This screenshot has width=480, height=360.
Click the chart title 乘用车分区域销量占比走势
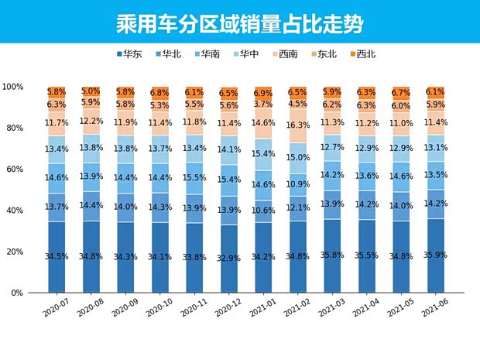click(239, 22)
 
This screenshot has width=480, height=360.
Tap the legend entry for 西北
click(362, 54)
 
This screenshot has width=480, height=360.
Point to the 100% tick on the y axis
click(13, 87)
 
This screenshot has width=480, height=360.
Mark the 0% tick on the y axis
click(17, 293)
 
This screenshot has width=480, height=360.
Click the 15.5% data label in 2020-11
click(194, 178)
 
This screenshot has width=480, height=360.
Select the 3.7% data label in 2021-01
click(262, 104)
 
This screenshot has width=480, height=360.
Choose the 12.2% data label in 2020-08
click(91, 121)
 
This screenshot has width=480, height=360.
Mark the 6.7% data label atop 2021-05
click(400, 92)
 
